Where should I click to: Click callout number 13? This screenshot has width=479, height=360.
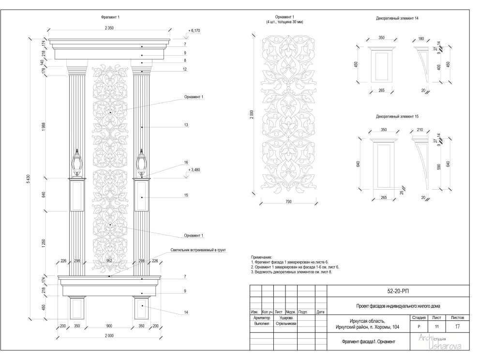(185, 125)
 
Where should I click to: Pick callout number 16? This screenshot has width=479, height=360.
(185, 163)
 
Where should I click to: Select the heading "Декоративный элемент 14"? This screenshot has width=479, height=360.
(397, 18)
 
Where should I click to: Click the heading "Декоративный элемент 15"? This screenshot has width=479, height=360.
(397, 117)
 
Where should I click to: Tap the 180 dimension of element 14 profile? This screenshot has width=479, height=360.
(420, 39)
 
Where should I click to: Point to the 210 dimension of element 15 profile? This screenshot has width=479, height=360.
(419, 130)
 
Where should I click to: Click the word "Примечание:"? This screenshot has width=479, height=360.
(262, 257)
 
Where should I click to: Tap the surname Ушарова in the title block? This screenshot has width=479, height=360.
(286, 318)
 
